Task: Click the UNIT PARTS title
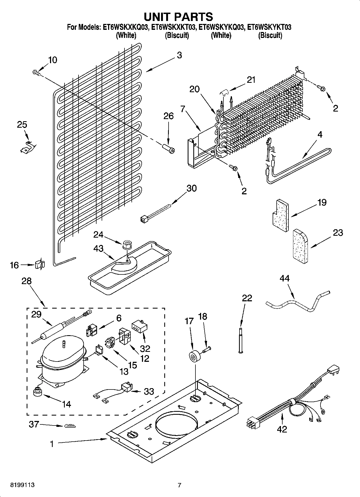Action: pyautogui.click(x=178, y=17)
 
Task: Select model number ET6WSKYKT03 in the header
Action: pyautogui.click(x=269, y=27)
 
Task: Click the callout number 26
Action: pyautogui.click(x=168, y=116)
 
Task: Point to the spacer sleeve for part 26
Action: pyautogui.click(x=168, y=148)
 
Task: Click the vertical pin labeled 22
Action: pyautogui.click(x=240, y=340)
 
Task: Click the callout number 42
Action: pyautogui.click(x=282, y=429)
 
